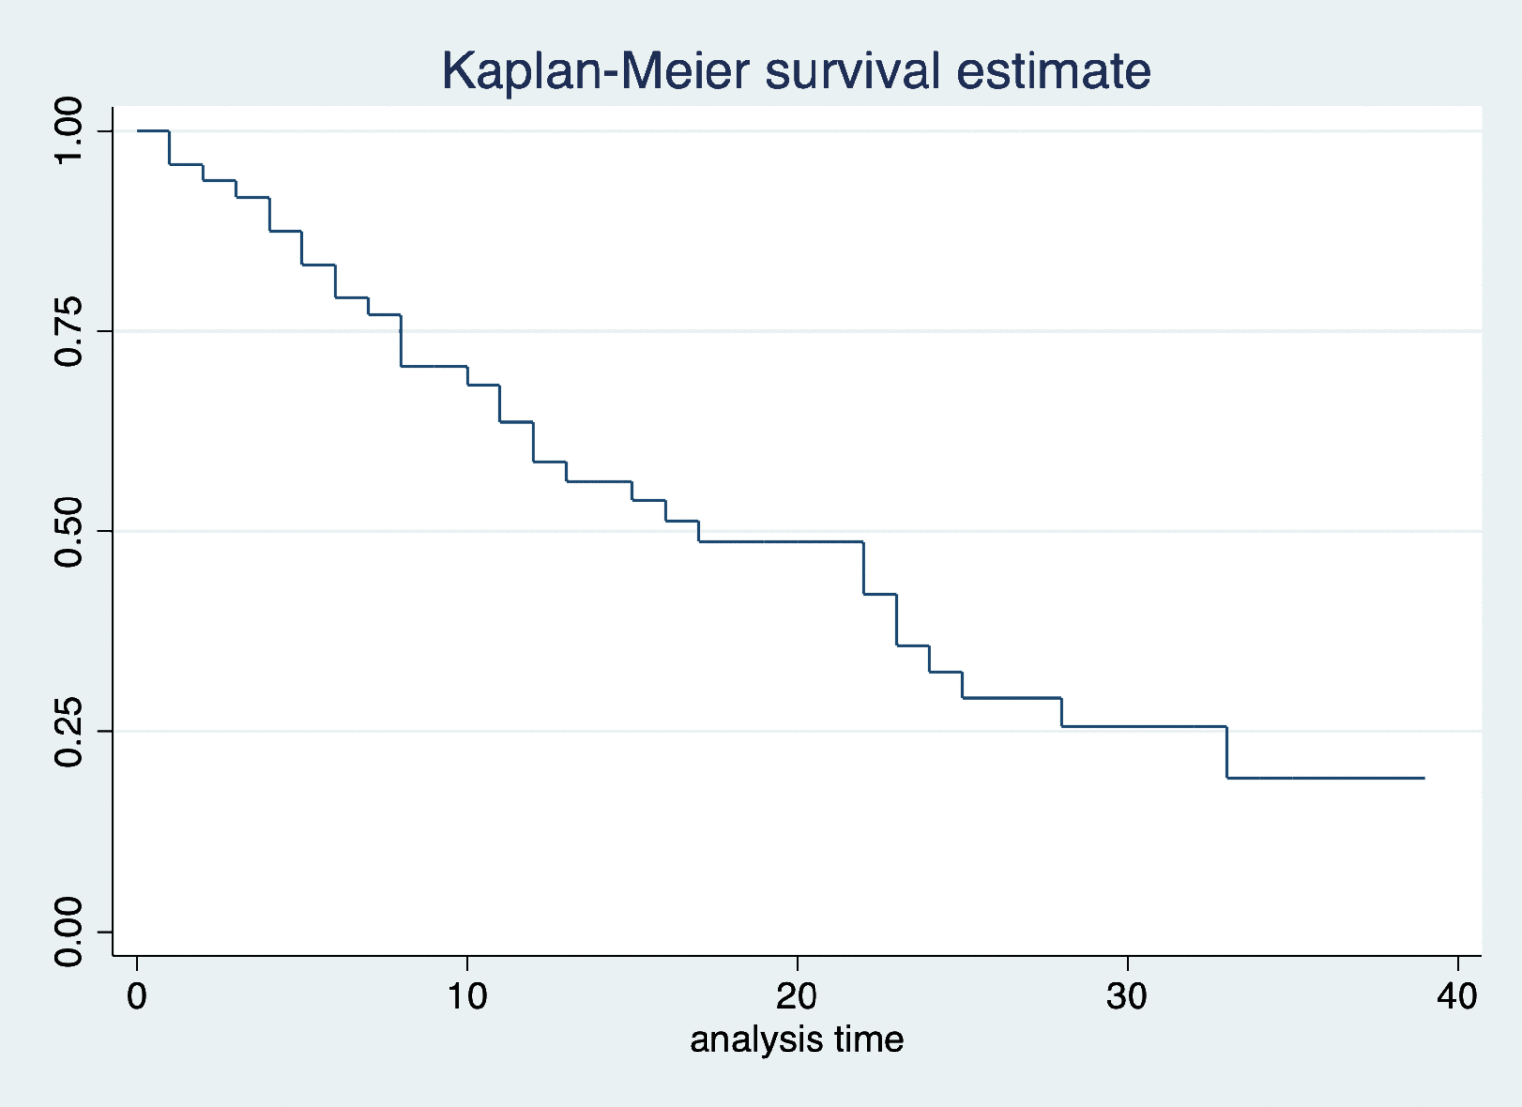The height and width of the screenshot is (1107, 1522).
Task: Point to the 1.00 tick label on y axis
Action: (x=69, y=131)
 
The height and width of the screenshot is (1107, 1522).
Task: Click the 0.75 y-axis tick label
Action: (x=69, y=331)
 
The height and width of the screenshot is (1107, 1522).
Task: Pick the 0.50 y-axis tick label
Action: (x=69, y=531)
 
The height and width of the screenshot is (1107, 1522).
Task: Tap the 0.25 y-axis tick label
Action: (x=69, y=731)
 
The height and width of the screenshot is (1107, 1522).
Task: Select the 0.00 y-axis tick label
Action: (x=69, y=932)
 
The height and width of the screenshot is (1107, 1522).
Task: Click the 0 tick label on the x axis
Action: (x=137, y=995)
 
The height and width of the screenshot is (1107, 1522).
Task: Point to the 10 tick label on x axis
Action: (x=467, y=995)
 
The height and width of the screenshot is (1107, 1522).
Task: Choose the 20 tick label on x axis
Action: (x=797, y=995)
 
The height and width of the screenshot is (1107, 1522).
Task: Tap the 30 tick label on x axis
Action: (x=1127, y=995)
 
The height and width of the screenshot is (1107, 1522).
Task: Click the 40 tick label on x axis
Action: (x=1457, y=995)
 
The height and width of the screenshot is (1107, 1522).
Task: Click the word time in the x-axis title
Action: (x=869, y=1040)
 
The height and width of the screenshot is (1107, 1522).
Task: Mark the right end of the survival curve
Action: (x=1424, y=778)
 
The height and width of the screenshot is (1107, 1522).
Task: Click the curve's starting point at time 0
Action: (x=138, y=131)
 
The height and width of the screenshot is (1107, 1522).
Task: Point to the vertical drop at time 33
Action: (x=1227, y=753)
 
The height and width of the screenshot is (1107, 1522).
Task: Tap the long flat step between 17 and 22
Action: (x=781, y=542)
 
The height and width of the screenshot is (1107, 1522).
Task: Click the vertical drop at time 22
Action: (x=864, y=568)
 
